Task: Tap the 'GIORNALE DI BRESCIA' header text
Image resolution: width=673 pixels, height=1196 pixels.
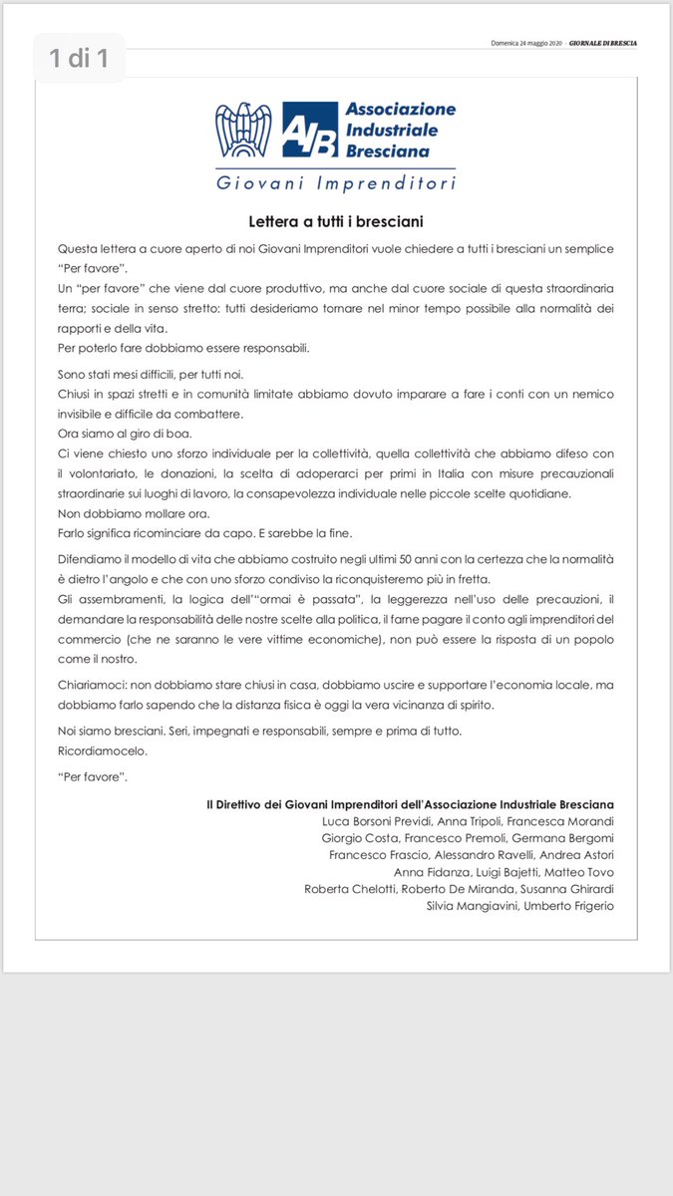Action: (603, 44)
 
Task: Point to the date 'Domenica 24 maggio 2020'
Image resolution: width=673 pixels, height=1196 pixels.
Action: (527, 44)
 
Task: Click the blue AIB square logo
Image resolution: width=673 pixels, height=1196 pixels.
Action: (308, 132)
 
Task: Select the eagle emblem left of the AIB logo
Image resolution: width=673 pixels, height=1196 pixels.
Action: (243, 131)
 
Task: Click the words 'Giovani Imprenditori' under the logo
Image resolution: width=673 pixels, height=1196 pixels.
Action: (336, 184)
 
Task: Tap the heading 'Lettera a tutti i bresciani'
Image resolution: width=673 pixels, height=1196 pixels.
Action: (336, 220)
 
